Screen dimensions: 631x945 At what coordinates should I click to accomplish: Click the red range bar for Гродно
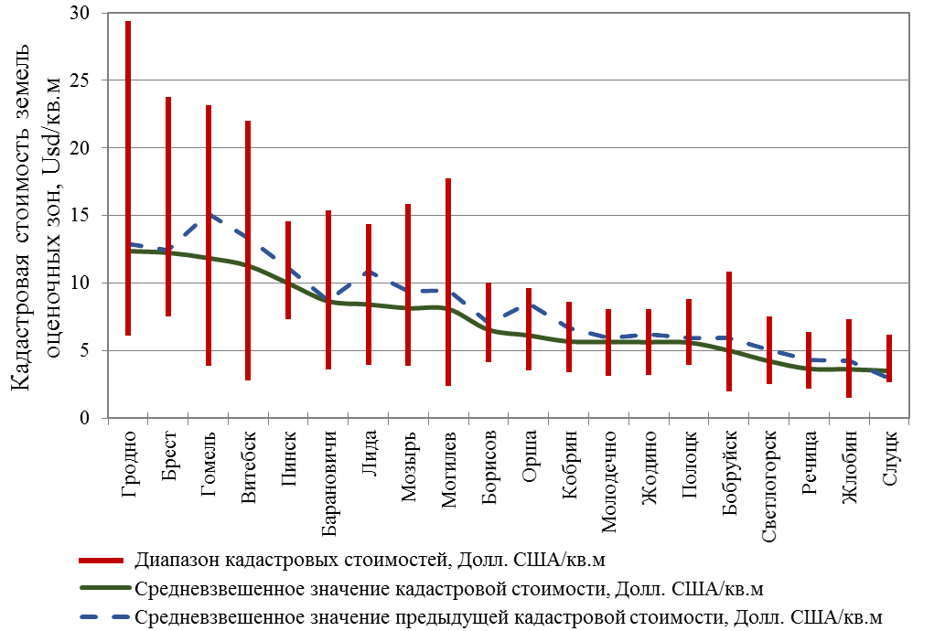tap(128, 178)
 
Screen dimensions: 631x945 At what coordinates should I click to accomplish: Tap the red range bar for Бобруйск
tap(728, 331)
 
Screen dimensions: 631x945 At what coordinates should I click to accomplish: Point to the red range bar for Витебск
tap(248, 250)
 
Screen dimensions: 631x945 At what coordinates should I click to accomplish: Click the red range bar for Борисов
tap(489, 322)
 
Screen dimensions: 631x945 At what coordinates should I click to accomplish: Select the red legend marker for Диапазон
tap(102, 560)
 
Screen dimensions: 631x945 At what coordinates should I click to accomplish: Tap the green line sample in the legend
tap(102, 588)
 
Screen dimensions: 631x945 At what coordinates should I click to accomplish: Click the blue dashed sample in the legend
tap(102, 616)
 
